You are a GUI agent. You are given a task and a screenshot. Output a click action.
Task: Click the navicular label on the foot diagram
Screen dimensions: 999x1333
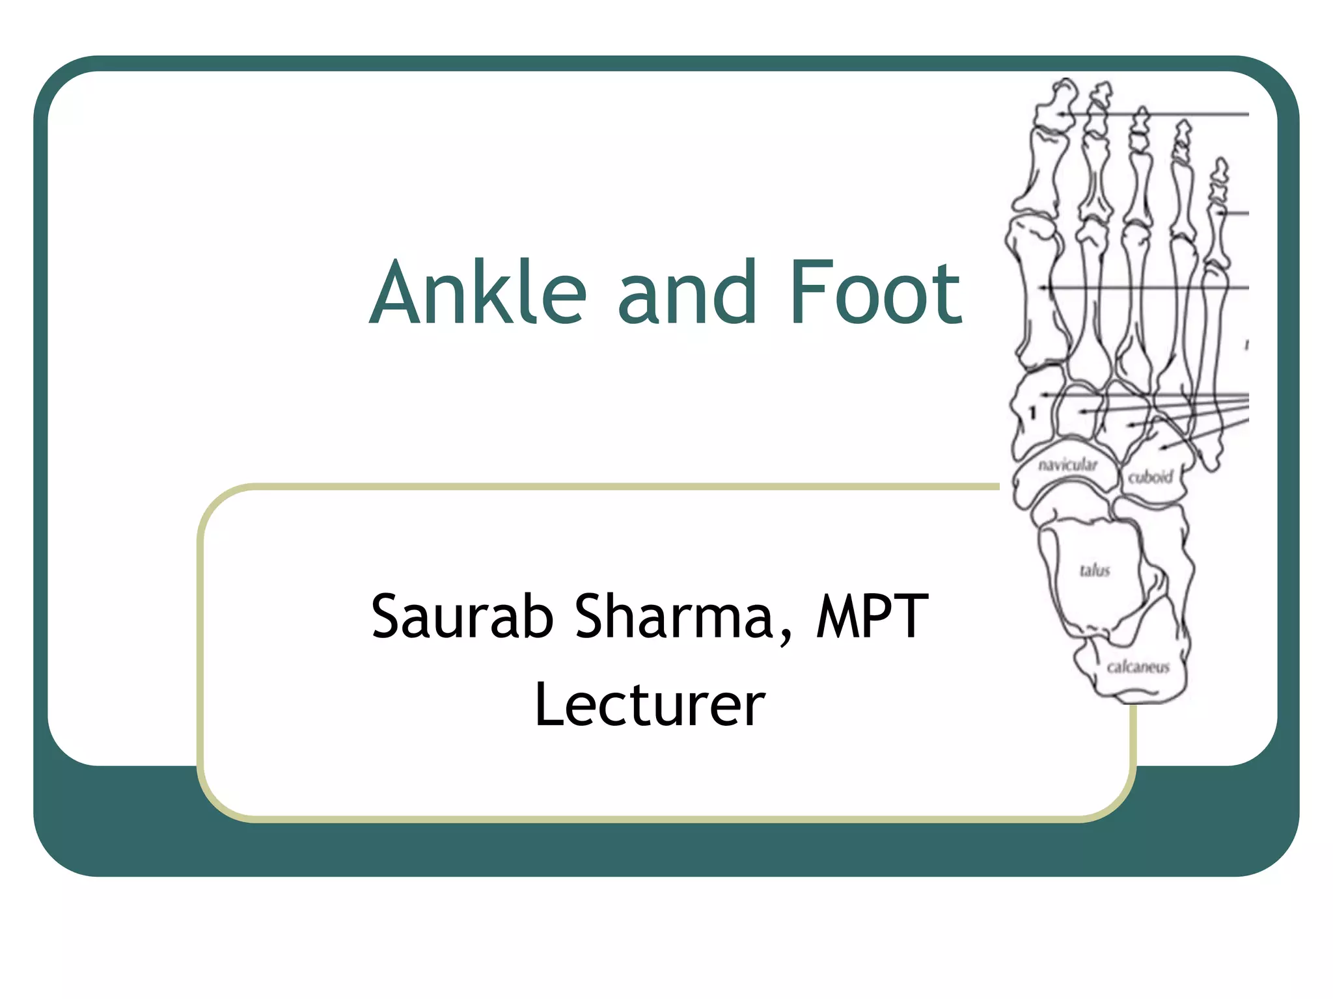(x=1067, y=464)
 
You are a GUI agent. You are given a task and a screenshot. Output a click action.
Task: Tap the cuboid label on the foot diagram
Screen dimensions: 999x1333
(x=1150, y=477)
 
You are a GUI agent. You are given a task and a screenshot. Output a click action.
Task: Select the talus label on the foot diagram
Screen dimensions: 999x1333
(x=1095, y=570)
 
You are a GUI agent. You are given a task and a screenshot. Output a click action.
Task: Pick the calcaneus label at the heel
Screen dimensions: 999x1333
(x=1138, y=667)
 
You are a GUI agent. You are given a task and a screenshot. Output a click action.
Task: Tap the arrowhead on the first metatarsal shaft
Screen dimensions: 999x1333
(x=1043, y=287)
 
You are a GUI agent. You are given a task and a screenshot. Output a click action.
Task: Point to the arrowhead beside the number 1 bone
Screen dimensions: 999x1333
(x=1044, y=395)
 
